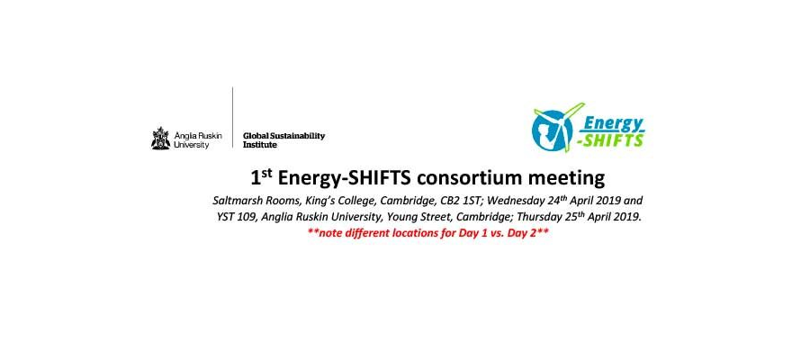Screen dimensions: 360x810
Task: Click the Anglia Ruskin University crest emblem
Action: pyautogui.click(x=161, y=138)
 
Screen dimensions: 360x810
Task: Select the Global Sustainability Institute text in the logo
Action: pyautogui.click(x=283, y=139)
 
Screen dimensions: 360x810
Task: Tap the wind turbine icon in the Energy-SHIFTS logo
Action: pyautogui.click(x=553, y=127)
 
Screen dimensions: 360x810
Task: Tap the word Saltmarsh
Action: pyautogui.click(x=238, y=200)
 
